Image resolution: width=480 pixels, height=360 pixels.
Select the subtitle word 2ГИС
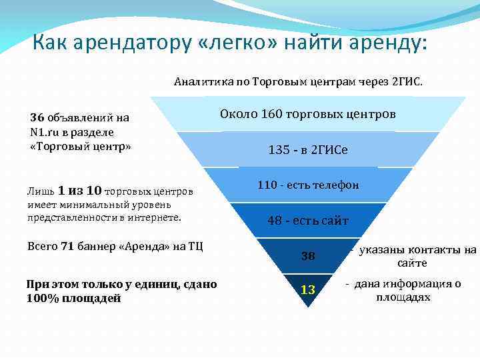pos(406,82)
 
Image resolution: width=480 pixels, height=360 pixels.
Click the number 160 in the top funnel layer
pos(271,114)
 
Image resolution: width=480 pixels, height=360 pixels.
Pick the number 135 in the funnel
pos(279,150)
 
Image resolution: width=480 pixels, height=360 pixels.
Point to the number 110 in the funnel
pos(267,185)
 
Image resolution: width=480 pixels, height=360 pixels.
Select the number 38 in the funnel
pos(307,256)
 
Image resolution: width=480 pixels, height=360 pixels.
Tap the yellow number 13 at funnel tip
pos(307,289)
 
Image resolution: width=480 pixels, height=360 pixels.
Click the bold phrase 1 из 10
pos(80,191)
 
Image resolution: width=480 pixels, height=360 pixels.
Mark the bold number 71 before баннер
pos(67,245)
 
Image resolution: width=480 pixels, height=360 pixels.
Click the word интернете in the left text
pos(157,217)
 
